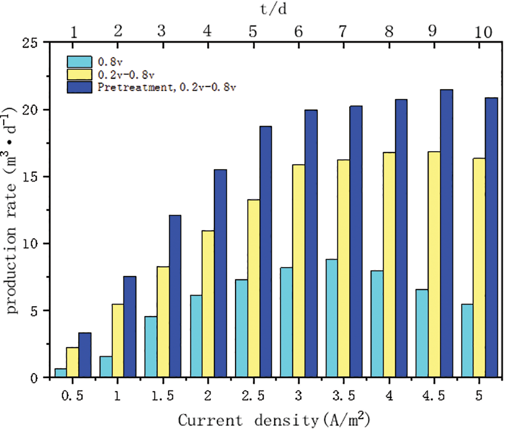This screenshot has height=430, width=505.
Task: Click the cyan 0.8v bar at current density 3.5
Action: tap(332, 318)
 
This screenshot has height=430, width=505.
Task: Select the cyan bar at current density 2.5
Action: tap(241, 328)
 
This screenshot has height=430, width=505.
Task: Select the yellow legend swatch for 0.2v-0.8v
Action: tap(79, 74)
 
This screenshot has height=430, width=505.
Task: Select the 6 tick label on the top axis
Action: tap(299, 32)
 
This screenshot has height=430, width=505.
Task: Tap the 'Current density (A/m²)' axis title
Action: tap(275, 419)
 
